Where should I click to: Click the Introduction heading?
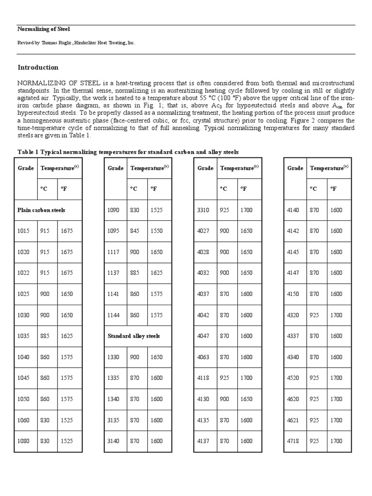(x=38, y=67)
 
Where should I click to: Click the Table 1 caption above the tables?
(x=128, y=152)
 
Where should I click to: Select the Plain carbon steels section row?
(x=41, y=210)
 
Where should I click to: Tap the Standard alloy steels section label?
(x=133, y=336)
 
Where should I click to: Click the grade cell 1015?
(x=24, y=231)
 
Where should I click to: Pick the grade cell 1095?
(x=113, y=231)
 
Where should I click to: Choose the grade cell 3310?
(x=204, y=210)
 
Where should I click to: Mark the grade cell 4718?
(x=294, y=441)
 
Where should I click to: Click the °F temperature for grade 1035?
(x=67, y=336)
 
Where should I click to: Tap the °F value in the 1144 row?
(x=156, y=315)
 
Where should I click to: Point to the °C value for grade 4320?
(x=315, y=315)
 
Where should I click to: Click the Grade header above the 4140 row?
(x=295, y=168)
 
